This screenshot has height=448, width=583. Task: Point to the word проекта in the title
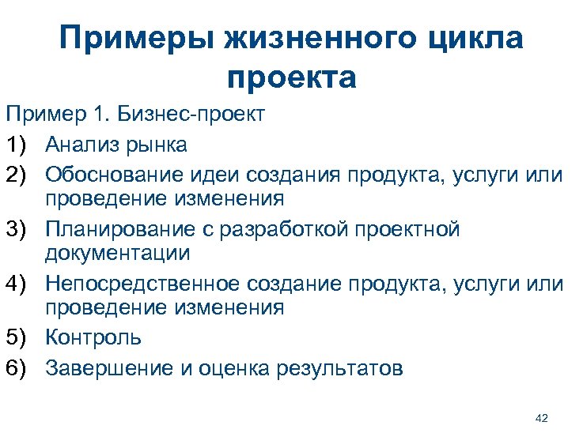(x=291, y=78)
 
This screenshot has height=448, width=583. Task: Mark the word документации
(x=117, y=253)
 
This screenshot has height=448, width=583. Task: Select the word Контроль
(x=93, y=337)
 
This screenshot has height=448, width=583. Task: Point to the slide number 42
(x=541, y=418)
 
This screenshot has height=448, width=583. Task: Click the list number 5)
(x=21, y=337)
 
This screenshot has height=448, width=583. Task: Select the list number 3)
(x=21, y=229)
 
